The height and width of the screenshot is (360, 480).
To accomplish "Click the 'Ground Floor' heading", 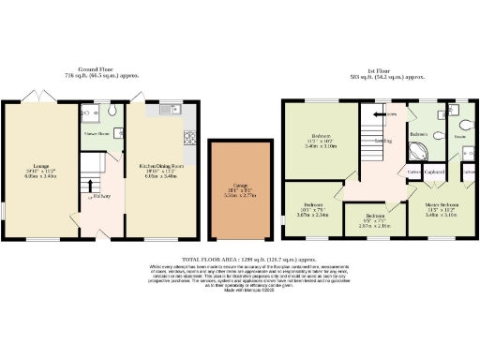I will coord(101,71).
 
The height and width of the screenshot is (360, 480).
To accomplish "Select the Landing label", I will coord(384,142).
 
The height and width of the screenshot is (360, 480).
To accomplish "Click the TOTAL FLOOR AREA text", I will coord(239,257).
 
